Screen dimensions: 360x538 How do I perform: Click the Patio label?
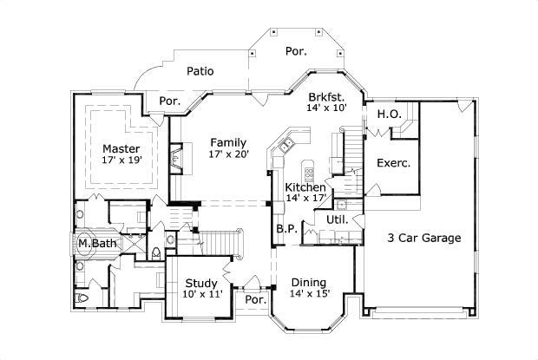(200, 72)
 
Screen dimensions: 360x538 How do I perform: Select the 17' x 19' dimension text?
(121, 160)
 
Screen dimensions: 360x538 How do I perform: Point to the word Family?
(228, 142)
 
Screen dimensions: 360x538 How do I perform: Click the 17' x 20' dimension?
(228, 154)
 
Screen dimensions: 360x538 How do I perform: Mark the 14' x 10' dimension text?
(327, 108)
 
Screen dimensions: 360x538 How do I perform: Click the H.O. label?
(388, 114)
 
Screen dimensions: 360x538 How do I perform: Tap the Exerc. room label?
(393, 162)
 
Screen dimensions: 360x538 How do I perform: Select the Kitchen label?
(305, 187)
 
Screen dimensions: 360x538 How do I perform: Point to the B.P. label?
(287, 229)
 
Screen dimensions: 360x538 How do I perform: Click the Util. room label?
(337, 219)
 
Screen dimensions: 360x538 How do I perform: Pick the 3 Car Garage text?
(423, 238)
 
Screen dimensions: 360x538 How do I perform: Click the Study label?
(201, 282)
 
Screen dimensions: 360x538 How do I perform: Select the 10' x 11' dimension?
(202, 294)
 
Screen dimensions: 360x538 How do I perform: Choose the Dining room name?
(308, 282)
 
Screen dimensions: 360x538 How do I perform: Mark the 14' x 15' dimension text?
(310, 294)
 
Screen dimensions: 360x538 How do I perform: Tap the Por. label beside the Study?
(255, 299)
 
